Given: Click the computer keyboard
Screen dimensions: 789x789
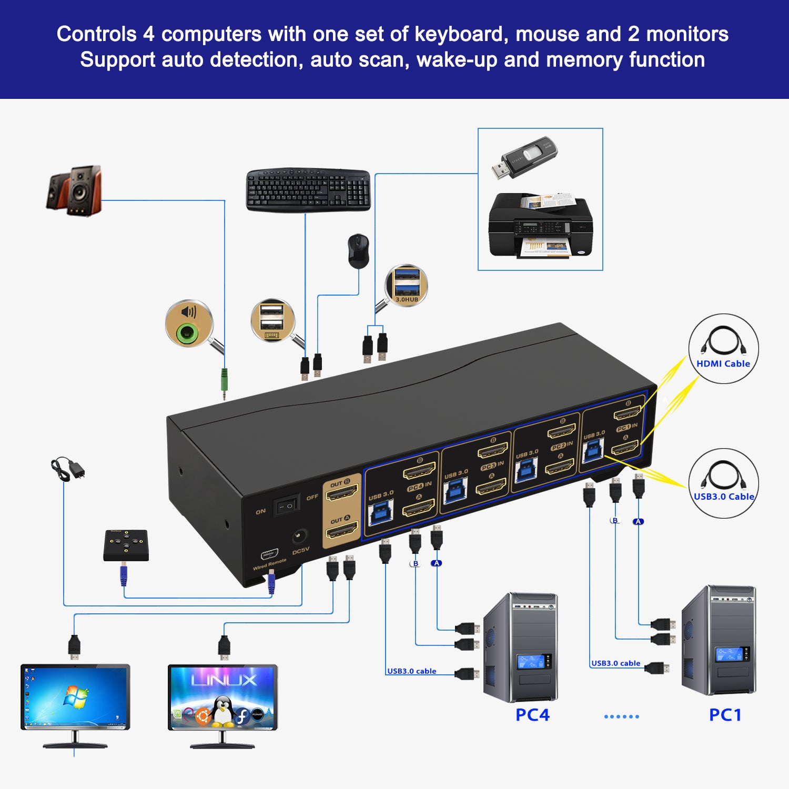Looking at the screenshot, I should click(x=308, y=190).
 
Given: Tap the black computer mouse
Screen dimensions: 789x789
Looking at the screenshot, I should click(x=358, y=251).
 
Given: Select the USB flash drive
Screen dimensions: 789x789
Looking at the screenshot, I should click(x=524, y=158).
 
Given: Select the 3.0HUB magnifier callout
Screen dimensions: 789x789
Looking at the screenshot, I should click(x=407, y=286).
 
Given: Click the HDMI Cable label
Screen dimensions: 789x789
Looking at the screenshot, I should click(x=723, y=363).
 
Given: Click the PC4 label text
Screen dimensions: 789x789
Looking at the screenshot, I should click(x=532, y=715).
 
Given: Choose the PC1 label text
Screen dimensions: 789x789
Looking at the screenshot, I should click(x=725, y=715).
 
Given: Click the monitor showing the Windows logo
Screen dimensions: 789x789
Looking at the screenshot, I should click(x=75, y=697).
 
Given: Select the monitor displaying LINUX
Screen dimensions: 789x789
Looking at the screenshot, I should click(x=222, y=697).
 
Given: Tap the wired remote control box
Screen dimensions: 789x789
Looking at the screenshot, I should click(x=126, y=545).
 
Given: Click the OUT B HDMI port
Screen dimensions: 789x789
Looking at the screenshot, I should click(x=342, y=493).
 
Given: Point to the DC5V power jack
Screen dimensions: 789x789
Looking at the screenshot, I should click(x=300, y=537).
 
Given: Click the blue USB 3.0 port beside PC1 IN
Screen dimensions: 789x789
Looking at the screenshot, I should click(x=593, y=451).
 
